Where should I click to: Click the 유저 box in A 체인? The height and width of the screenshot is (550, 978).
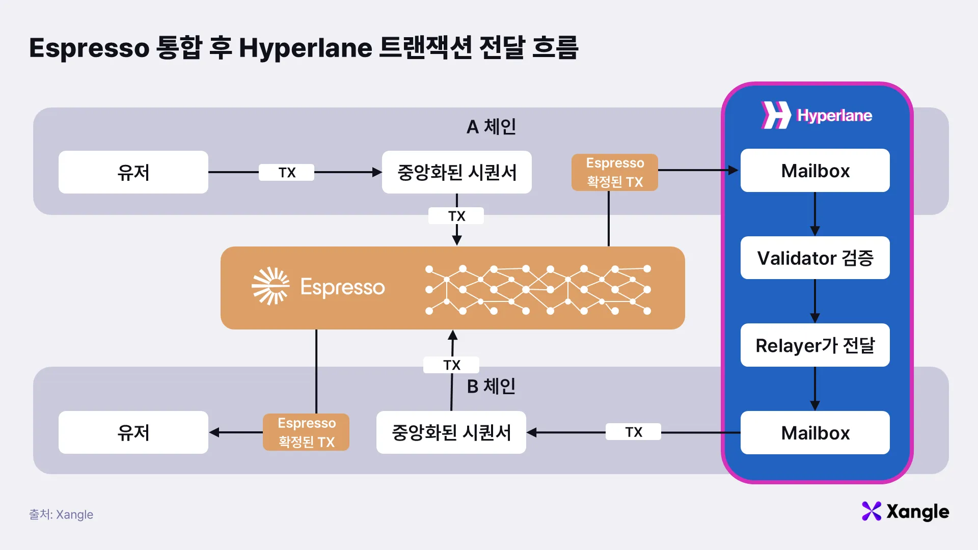pos(133,172)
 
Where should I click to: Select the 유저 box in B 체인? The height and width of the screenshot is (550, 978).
pos(133,432)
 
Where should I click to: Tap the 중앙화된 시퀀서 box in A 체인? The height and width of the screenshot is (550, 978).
pos(456,172)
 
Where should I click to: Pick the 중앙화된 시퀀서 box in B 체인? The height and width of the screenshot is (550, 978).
pos(451,432)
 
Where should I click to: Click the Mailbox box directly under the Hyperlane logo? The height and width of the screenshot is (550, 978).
pos(815,171)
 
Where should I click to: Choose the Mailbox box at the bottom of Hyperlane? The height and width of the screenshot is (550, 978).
pos(815,433)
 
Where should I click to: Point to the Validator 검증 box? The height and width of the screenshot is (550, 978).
pos(815,258)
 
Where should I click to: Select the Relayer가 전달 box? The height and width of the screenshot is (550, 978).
pos(815,345)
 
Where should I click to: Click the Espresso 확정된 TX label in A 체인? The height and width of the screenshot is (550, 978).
pos(614,173)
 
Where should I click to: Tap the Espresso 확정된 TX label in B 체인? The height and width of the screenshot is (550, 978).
pos(306,432)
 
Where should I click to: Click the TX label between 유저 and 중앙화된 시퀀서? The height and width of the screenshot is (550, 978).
pos(287,173)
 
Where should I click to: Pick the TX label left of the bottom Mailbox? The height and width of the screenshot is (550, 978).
pos(633,432)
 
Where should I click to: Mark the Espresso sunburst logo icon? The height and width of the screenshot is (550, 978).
pos(270,286)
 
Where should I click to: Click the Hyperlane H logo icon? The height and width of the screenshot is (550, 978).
pos(775,115)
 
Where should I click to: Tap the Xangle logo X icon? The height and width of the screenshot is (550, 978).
pos(871,511)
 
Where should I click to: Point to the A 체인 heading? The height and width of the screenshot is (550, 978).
pos(491,127)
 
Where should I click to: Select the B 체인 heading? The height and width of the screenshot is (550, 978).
pos(491,387)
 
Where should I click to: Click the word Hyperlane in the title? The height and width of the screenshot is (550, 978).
pos(306,48)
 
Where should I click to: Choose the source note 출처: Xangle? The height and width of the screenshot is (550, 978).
pos(61,514)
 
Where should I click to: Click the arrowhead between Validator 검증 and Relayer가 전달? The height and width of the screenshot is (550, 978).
pos(815,318)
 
